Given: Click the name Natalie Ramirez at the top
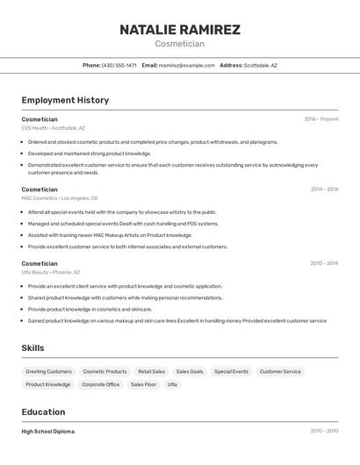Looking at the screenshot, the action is (x=180, y=30).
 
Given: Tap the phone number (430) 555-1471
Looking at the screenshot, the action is (x=119, y=65).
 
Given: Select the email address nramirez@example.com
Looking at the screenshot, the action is (x=186, y=65).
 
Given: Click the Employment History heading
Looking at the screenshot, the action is (x=65, y=100).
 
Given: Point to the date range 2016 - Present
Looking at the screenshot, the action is (x=321, y=119).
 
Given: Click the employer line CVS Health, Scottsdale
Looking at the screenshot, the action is (x=54, y=128).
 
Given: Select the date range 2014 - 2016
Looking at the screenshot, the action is (x=324, y=190).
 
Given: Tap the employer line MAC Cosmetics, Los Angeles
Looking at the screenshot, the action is (x=60, y=198).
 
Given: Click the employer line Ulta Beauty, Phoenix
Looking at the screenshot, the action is (x=51, y=272).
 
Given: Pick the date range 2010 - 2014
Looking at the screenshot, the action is (x=324, y=263).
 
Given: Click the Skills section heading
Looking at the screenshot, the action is (x=33, y=348).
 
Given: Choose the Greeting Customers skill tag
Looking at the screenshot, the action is (x=48, y=371).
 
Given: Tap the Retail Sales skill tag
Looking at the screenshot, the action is (x=151, y=371).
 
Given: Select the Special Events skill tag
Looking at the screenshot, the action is (x=231, y=371).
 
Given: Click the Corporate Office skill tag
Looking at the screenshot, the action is (x=100, y=384).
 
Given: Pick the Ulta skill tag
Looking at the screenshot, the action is (x=172, y=384).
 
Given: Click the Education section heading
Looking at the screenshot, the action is (x=43, y=412).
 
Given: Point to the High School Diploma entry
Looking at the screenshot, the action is (x=48, y=432).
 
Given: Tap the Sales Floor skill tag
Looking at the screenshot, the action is (x=143, y=384).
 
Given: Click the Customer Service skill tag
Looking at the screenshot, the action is (x=280, y=371).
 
